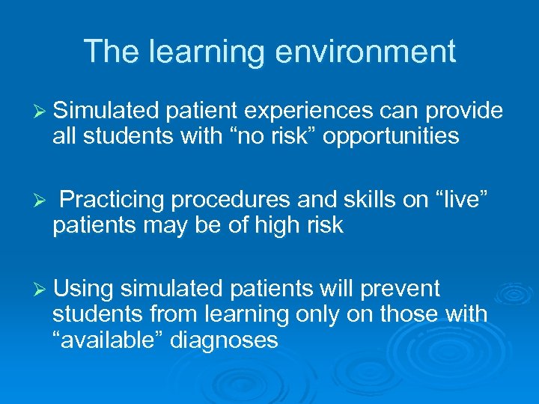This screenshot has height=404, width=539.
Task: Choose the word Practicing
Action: [113, 200]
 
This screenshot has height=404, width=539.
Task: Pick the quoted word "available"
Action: [109, 340]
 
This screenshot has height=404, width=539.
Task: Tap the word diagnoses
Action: [225, 340]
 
